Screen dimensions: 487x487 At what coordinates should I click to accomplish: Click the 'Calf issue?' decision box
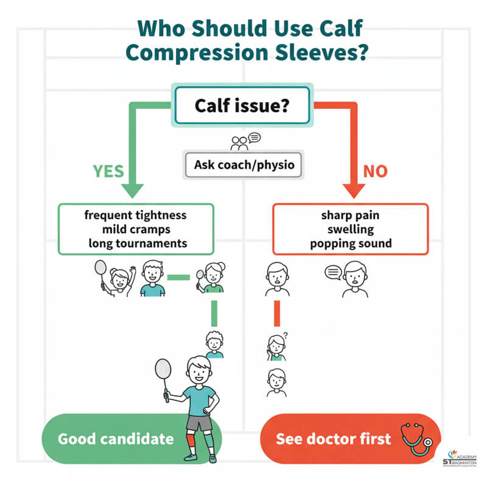242,106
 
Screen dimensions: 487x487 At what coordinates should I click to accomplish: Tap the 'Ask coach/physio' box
242,164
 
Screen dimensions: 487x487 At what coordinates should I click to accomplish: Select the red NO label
375,172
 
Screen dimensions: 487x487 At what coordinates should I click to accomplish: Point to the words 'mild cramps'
136,229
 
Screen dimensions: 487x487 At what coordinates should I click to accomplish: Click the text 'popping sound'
350,243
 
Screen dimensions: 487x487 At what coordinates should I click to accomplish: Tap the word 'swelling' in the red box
350,229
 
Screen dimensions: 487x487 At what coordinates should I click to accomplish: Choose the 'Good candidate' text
116,439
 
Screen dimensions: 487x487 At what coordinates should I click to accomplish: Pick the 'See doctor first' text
333,439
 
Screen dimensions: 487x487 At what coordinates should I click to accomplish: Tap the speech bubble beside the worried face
332,272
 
